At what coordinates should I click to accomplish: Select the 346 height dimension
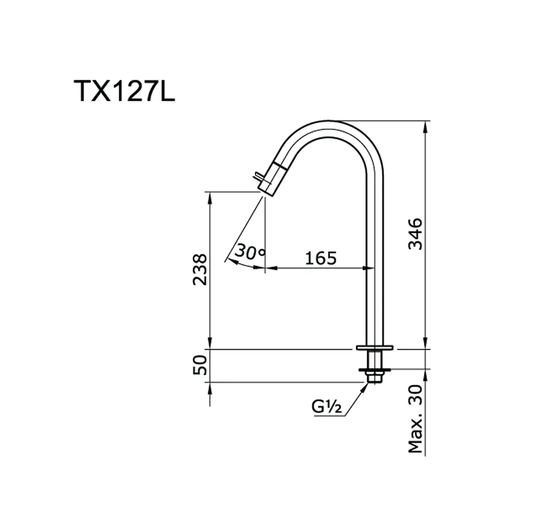416,234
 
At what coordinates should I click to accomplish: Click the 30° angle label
249,251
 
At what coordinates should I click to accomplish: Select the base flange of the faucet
374,348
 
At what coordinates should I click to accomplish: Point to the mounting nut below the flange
374,369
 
